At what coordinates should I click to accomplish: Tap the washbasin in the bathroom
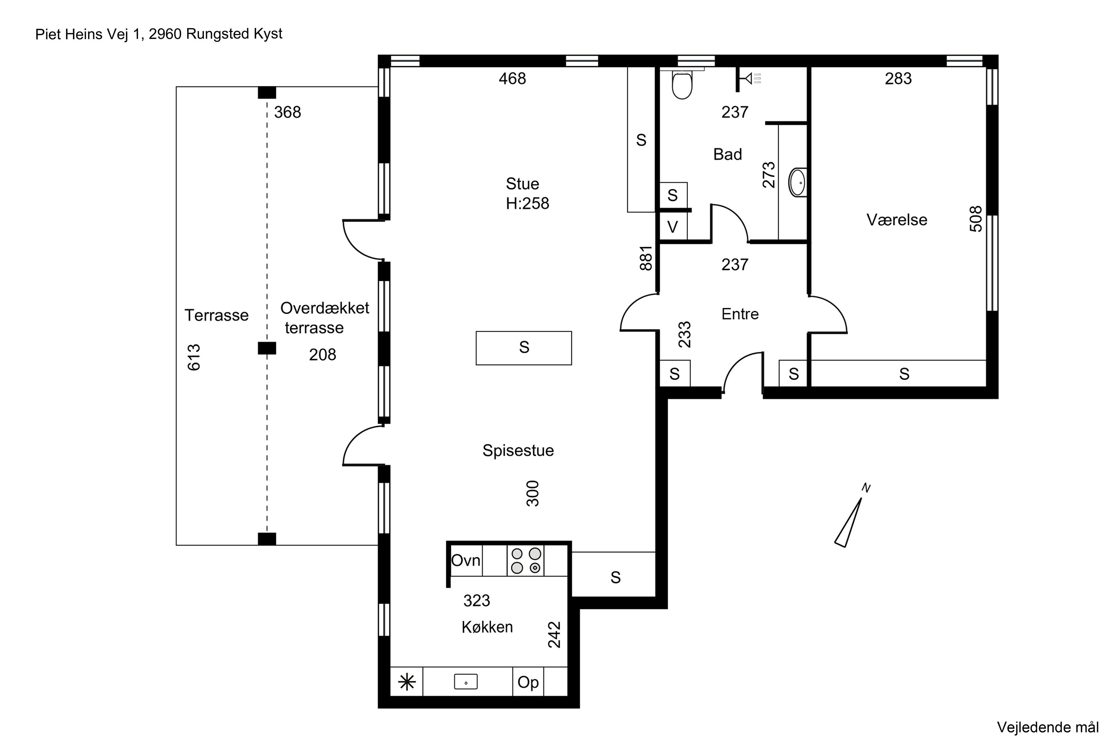point(798,182)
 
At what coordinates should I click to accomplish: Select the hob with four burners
point(526,561)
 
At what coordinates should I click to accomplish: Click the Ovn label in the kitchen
point(466,561)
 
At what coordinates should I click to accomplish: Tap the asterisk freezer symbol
point(407,682)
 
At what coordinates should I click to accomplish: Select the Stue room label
point(522,183)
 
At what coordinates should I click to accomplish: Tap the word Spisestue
point(518,451)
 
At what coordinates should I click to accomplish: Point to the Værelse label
point(897,220)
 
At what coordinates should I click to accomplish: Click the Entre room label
point(740,314)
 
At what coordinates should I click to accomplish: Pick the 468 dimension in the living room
point(513,79)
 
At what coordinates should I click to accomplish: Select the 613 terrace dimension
point(194,357)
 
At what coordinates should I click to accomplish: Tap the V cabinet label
point(672,227)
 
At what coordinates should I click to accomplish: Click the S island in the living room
point(524,348)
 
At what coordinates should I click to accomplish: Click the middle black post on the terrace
point(267,348)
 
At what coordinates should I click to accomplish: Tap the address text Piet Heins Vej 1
point(89,34)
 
